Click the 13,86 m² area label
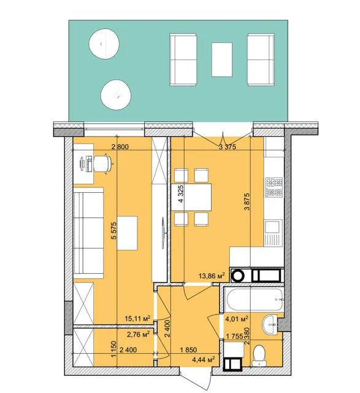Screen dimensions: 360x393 (x=212, y=276)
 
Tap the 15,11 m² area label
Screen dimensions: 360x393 (x=138, y=318)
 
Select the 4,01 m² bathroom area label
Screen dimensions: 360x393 (x=237, y=319)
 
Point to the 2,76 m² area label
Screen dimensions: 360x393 (x=139, y=334)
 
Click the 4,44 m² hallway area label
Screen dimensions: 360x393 (x=204, y=360)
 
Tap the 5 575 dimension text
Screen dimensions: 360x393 (x=114, y=231)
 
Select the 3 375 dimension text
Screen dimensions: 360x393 (x=228, y=147)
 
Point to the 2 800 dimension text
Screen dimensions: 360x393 (x=120, y=147)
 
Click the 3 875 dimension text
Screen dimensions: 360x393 (x=247, y=201)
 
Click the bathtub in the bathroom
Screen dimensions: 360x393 (x=254, y=300)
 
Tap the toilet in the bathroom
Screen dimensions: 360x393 (x=259, y=356)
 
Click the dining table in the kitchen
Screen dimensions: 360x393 (x=191, y=197)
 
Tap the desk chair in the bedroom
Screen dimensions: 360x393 (x=103, y=164)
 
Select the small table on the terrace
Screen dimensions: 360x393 (x=222, y=60)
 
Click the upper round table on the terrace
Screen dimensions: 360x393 (x=104, y=44)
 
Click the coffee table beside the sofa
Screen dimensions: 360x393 (x=127, y=233)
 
